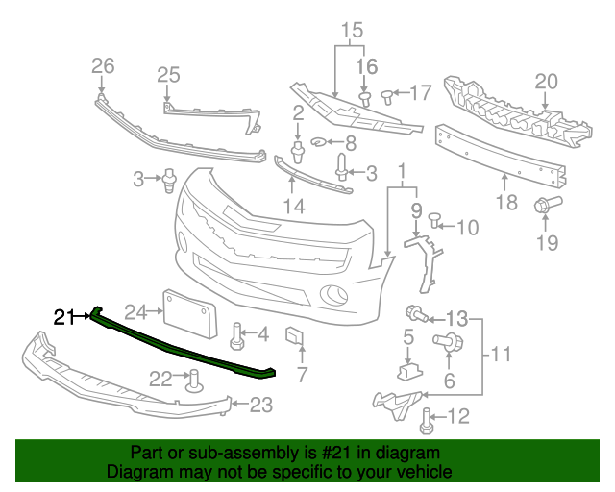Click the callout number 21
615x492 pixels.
[x=64, y=316]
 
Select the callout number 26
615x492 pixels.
[x=103, y=66]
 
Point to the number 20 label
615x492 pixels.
[x=546, y=81]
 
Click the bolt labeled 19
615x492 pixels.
[x=546, y=205]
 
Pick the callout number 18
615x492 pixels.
[x=506, y=203]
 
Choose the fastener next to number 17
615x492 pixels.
[x=387, y=94]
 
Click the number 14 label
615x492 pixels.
[x=294, y=206]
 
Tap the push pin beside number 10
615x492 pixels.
[x=433, y=221]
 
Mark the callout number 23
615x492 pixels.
[x=261, y=406]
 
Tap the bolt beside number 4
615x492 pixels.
[x=236, y=335]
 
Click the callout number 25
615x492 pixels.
[x=168, y=74]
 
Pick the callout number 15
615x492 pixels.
[x=352, y=29]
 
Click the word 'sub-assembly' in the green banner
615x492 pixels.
[x=210, y=453]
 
